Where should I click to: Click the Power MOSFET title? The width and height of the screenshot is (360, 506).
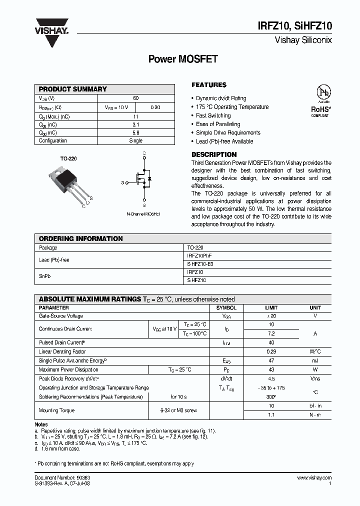tap(183, 59)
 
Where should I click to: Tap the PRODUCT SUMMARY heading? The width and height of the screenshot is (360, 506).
tap(73, 89)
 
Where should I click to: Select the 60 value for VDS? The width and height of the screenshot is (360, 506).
tap(136, 98)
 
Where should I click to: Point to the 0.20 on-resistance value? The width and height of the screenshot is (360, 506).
tap(155, 107)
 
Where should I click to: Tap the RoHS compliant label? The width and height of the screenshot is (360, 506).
tap(320, 110)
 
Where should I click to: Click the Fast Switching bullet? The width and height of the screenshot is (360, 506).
tap(213, 115)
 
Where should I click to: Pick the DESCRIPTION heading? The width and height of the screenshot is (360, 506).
tap(214, 154)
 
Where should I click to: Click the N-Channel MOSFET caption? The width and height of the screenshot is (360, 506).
tap(143, 214)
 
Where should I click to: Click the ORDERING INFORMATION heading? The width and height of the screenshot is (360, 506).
tap(80, 239)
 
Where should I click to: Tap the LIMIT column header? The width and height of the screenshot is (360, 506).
tap(271, 308)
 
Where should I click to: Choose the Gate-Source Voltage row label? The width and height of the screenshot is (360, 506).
tap(61, 316)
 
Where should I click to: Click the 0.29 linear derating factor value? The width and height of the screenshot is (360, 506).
tap(271, 352)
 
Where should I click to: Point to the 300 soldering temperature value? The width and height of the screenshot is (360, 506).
tap(271, 397)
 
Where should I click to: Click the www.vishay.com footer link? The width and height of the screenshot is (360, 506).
tap(314, 478)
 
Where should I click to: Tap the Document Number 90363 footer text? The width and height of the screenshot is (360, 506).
tap(62, 478)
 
